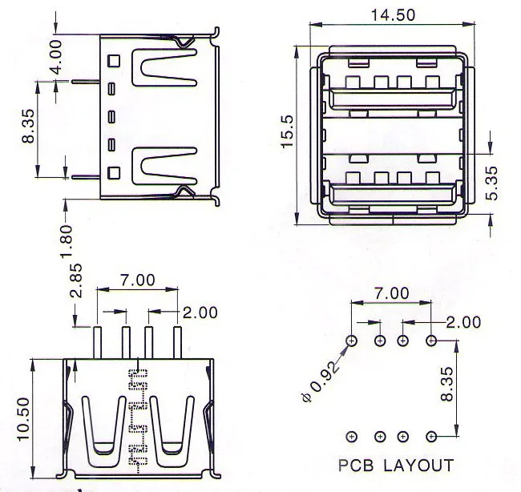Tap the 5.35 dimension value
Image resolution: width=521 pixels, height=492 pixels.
pyautogui.click(x=494, y=183)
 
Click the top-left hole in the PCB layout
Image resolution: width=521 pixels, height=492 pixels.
pyautogui.click(x=352, y=341)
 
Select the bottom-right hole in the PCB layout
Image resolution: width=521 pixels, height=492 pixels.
pyautogui.click(x=431, y=437)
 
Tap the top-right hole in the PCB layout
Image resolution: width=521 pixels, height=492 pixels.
pyautogui.click(x=431, y=341)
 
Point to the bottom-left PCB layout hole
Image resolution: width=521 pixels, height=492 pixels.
pyautogui.click(x=352, y=437)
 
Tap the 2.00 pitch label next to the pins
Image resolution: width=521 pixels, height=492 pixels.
pyautogui.click(x=200, y=312)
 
